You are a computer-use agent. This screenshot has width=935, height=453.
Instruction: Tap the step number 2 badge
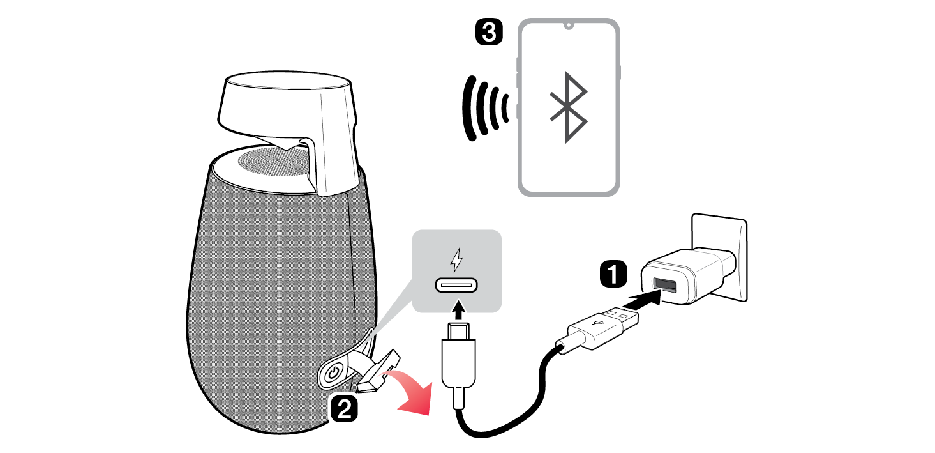coord(343,408)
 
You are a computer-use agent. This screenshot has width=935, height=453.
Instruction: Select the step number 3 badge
coord(490,32)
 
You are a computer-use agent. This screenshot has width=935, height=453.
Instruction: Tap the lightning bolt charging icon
coord(456,259)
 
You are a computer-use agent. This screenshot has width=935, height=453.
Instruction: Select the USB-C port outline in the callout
coord(457,285)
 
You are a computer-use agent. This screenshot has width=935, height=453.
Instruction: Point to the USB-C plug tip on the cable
coord(457,331)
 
